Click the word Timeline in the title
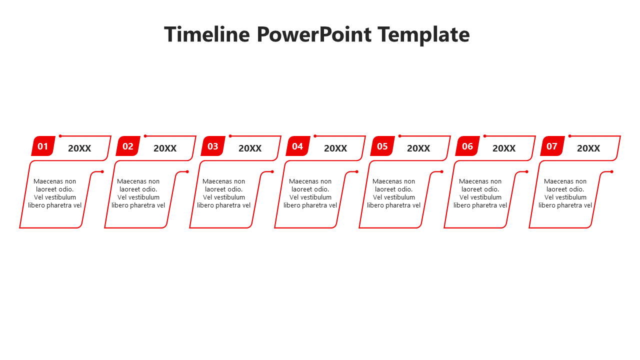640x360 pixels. click(x=206, y=34)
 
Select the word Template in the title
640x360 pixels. click(x=423, y=34)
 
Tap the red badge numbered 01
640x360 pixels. click(x=43, y=146)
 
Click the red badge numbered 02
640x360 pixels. click(x=128, y=146)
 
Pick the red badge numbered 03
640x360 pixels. click(x=213, y=146)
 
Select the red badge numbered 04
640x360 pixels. click(x=297, y=146)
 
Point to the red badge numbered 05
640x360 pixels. click(x=382, y=146)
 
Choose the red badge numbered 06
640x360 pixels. click(x=467, y=146)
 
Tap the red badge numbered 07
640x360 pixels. click(x=552, y=146)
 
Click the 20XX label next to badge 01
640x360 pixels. click(x=79, y=148)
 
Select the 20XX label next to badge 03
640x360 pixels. click(x=250, y=148)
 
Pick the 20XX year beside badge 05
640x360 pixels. click(x=418, y=148)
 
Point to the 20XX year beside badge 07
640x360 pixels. click(x=588, y=148)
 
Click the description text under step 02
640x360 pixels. click(x=138, y=193)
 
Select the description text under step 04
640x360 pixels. click(x=310, y=193)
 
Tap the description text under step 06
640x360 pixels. click(x=480, y=193)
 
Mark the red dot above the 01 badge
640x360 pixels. click(x=60, y=136)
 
